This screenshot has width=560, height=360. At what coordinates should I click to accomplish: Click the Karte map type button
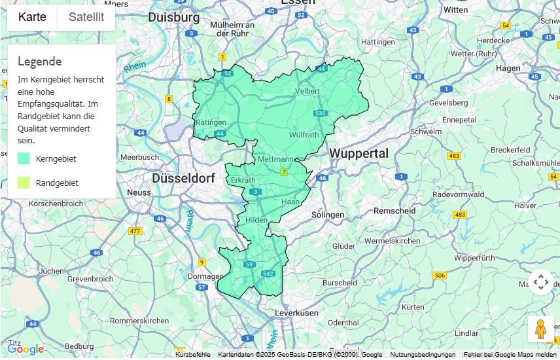(32, 17)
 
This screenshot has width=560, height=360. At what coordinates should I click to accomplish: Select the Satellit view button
(86, 17)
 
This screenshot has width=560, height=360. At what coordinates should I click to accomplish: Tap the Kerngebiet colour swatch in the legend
(24, 158)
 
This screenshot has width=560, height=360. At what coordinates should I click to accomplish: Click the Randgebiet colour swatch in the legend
(24, 183)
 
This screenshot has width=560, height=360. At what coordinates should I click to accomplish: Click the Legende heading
(39, 62)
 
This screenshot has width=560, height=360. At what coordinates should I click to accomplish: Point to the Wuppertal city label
(359, 153)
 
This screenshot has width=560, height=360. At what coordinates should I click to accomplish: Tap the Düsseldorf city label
(183, 178)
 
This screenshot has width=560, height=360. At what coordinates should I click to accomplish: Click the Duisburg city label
(173, 17)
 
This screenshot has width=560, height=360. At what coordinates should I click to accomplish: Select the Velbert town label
(307, 91)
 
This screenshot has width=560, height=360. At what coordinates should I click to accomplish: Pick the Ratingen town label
(211, 122)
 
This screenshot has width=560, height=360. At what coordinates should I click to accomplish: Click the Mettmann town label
(275, 159)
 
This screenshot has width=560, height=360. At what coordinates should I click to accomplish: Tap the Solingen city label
(328, 215)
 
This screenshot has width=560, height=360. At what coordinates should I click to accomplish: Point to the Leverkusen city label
(296, 314)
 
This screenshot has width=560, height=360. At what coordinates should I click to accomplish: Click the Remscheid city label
(394, 211)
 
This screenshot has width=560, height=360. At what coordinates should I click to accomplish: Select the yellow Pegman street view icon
(540, 329)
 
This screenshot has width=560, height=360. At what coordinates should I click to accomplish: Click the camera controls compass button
(540, 282)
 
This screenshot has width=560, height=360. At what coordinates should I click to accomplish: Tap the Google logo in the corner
(26, 350)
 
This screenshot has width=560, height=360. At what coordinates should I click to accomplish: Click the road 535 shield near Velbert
(320, 113)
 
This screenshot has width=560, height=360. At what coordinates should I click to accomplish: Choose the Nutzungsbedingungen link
(423, 355)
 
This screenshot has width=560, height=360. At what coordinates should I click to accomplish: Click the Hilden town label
(256, 220)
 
